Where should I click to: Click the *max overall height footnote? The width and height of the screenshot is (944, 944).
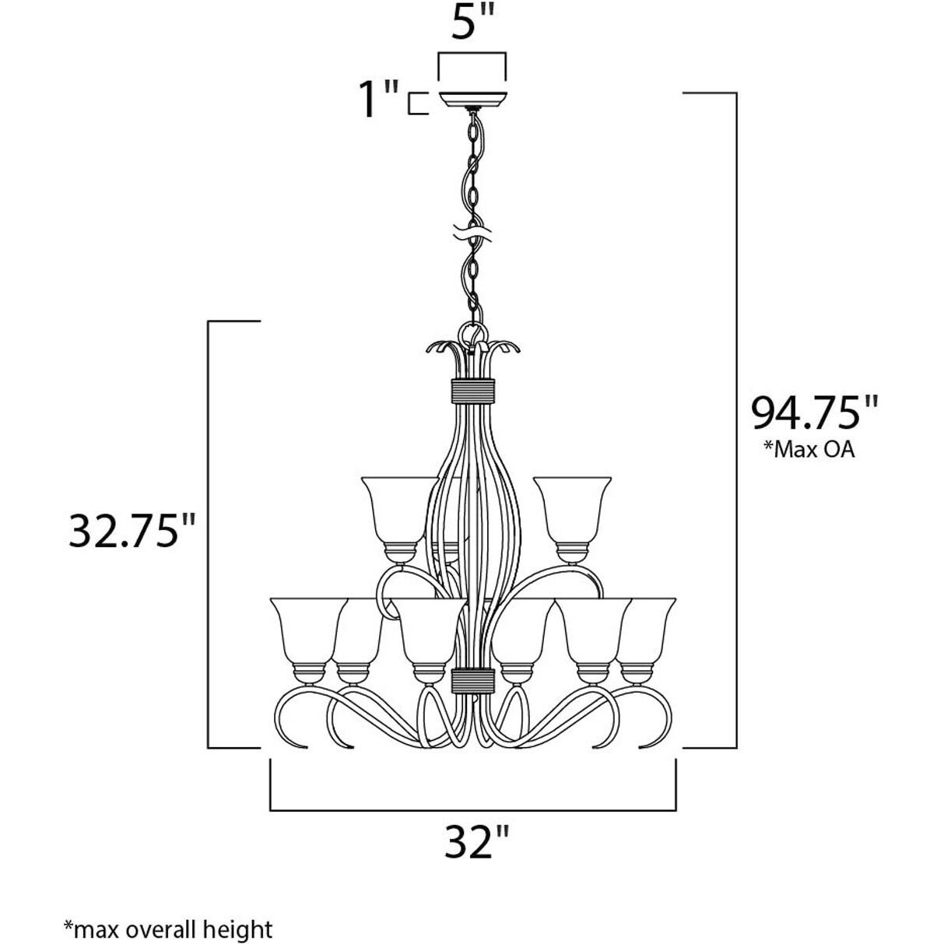click(x=168, y=928)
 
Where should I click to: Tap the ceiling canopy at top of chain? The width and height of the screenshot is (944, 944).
click(x=473, y=100)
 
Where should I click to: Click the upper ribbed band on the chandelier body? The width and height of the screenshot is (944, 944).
click(x=473, y=389)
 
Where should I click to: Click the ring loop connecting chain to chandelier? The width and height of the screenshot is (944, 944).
click(x=472, y=335)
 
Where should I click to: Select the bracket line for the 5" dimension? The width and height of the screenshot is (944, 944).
click(x=473, y=54)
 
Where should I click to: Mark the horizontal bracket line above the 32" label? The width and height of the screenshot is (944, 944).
click(x=473, y=811)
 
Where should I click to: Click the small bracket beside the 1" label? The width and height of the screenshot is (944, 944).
click(x=418, y=104)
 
